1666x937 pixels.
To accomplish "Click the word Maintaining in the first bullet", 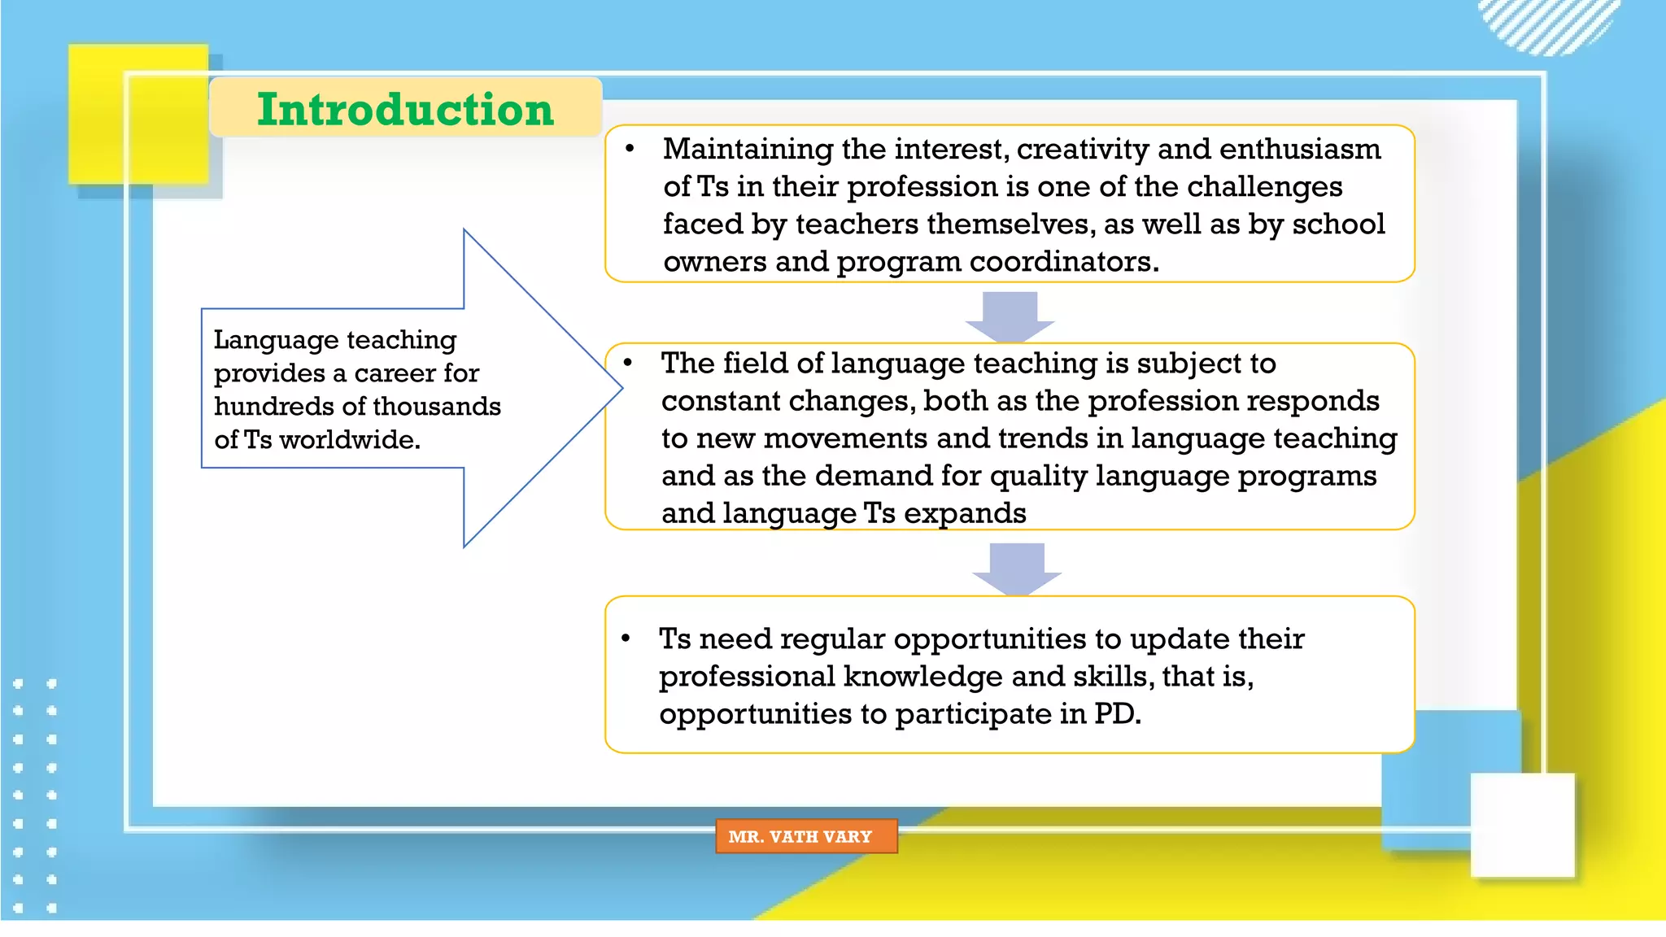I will tap(748, 149).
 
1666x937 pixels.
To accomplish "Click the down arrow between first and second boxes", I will tap(1010, 316).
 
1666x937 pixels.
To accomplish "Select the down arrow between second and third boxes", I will tap(1017, 568).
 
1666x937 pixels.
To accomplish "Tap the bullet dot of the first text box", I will tap(630, 149).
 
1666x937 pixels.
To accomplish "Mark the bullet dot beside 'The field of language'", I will tap(628, 363).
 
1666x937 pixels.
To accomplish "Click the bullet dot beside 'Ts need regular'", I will tap(626, 638).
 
